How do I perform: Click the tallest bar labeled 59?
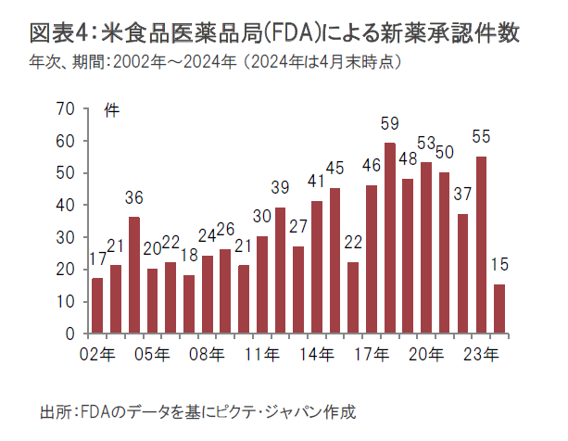click(390, 238)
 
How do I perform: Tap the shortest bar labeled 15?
click(500, 309)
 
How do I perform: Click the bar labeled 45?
click(334, 260)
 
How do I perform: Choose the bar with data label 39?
click(280, 270)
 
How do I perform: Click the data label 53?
click(426, 144)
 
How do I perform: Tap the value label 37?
click(462, 195)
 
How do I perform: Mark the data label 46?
click(372, 166)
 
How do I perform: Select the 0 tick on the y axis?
click(69, 334)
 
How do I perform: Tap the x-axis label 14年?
click(320, 354)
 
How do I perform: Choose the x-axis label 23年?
click(484, 354)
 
